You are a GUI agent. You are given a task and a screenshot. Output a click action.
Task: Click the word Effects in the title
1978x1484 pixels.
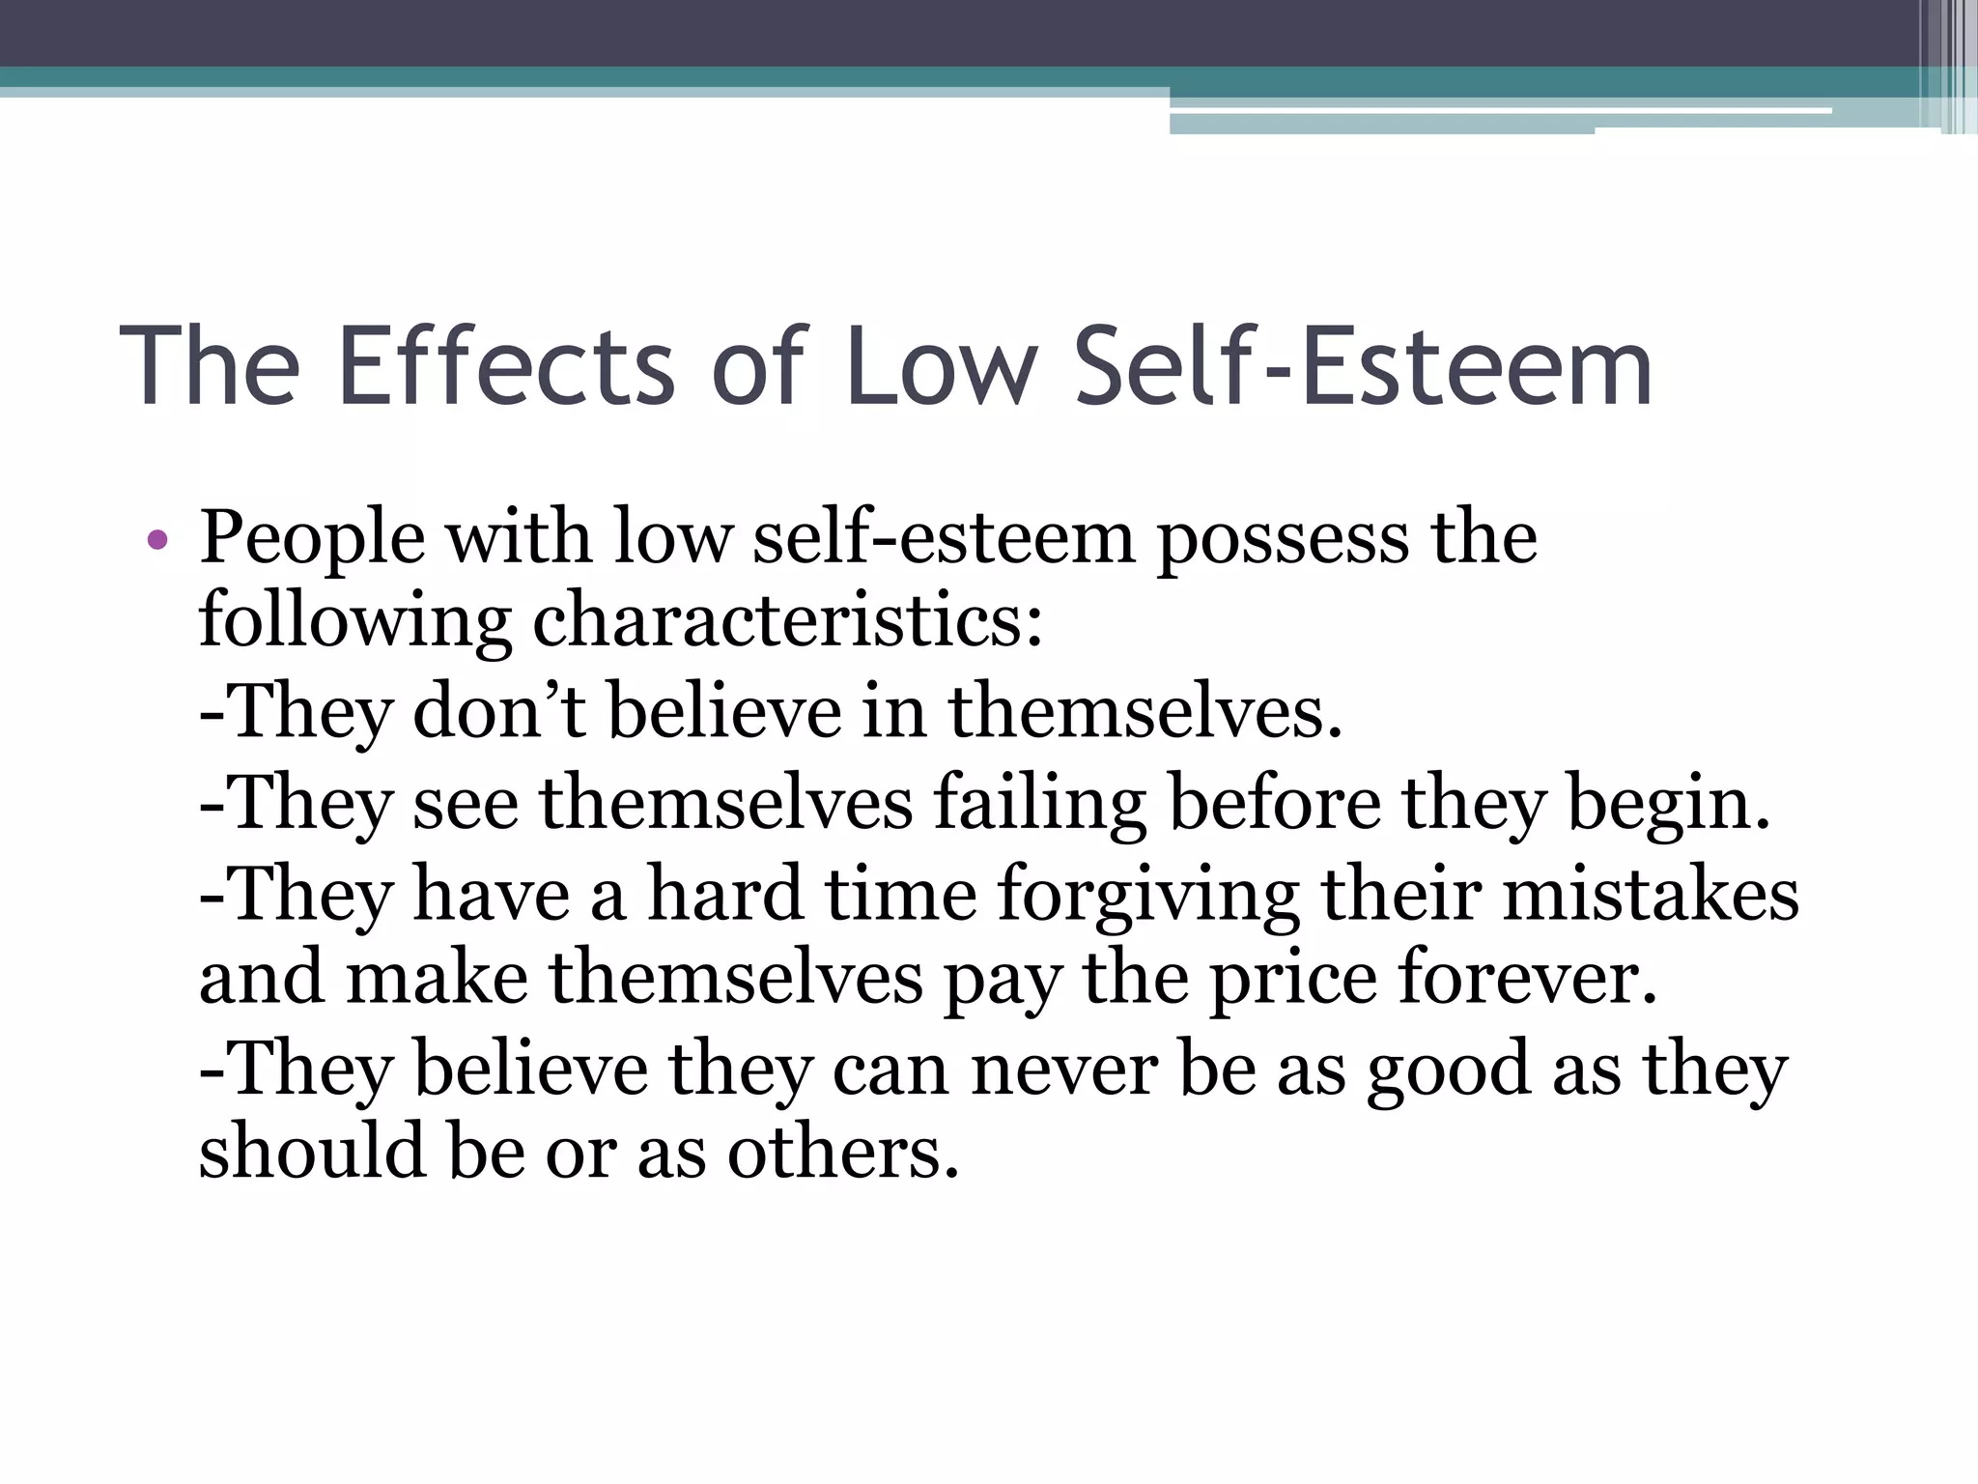506,367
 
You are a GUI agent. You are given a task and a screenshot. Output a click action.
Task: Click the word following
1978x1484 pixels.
354,623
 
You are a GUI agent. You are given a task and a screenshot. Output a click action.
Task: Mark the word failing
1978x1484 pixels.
1040,804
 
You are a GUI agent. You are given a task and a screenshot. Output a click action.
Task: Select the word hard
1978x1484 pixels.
725,893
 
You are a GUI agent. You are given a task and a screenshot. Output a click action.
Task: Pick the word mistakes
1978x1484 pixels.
1651,893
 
